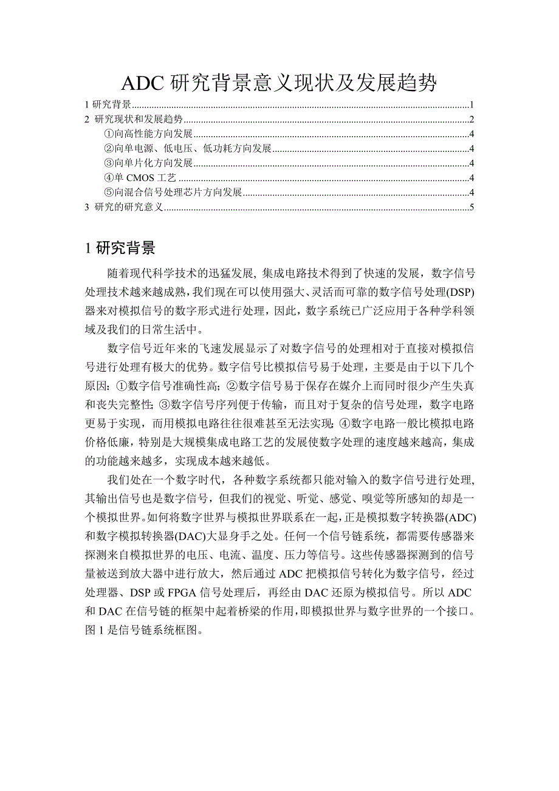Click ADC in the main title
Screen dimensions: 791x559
[x=145, y=83]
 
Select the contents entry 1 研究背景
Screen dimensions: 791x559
[x=109, y=104]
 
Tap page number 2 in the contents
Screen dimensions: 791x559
[x=471, y=119]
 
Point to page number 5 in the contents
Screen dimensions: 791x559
[x=471, y=208]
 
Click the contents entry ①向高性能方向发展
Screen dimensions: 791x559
[x=148, y=134]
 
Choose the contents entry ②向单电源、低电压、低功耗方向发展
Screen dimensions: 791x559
[x=188, y=149]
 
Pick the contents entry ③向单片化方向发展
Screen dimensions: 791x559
[x=148, y=163]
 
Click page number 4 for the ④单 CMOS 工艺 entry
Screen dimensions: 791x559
[x=471, y=179]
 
